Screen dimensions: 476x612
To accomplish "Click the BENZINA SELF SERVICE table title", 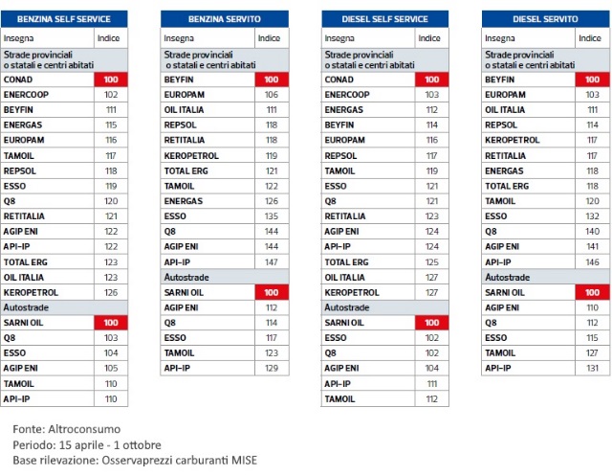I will click(x=63, y=18).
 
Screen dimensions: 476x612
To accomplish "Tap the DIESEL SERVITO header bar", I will click(x=545, y=18).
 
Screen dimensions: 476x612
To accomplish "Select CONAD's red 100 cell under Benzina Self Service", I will click(x=110, y=80).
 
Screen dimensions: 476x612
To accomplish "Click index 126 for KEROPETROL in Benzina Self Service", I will click(x=110, y=292).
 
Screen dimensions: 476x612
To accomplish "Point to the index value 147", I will click(x=271, y=261).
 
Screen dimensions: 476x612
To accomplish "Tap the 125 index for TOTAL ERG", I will click(x=432, y=261).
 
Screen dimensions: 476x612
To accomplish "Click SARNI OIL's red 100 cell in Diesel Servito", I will click(x=592, y=292).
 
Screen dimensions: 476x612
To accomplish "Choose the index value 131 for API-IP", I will click(x=592, y=368).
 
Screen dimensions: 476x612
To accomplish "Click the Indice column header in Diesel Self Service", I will click(x=431, y=38).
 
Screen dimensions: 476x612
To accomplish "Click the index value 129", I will click(x=271, y=368).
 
